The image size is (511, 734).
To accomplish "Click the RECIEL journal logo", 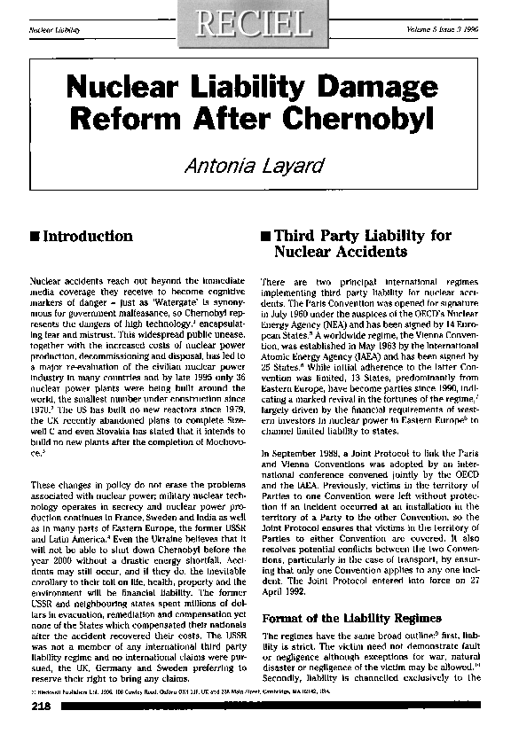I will [x=255, y=22].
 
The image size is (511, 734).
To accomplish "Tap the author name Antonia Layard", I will [x=255, y=163].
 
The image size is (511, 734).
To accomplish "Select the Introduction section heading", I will [x=88, y=237].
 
